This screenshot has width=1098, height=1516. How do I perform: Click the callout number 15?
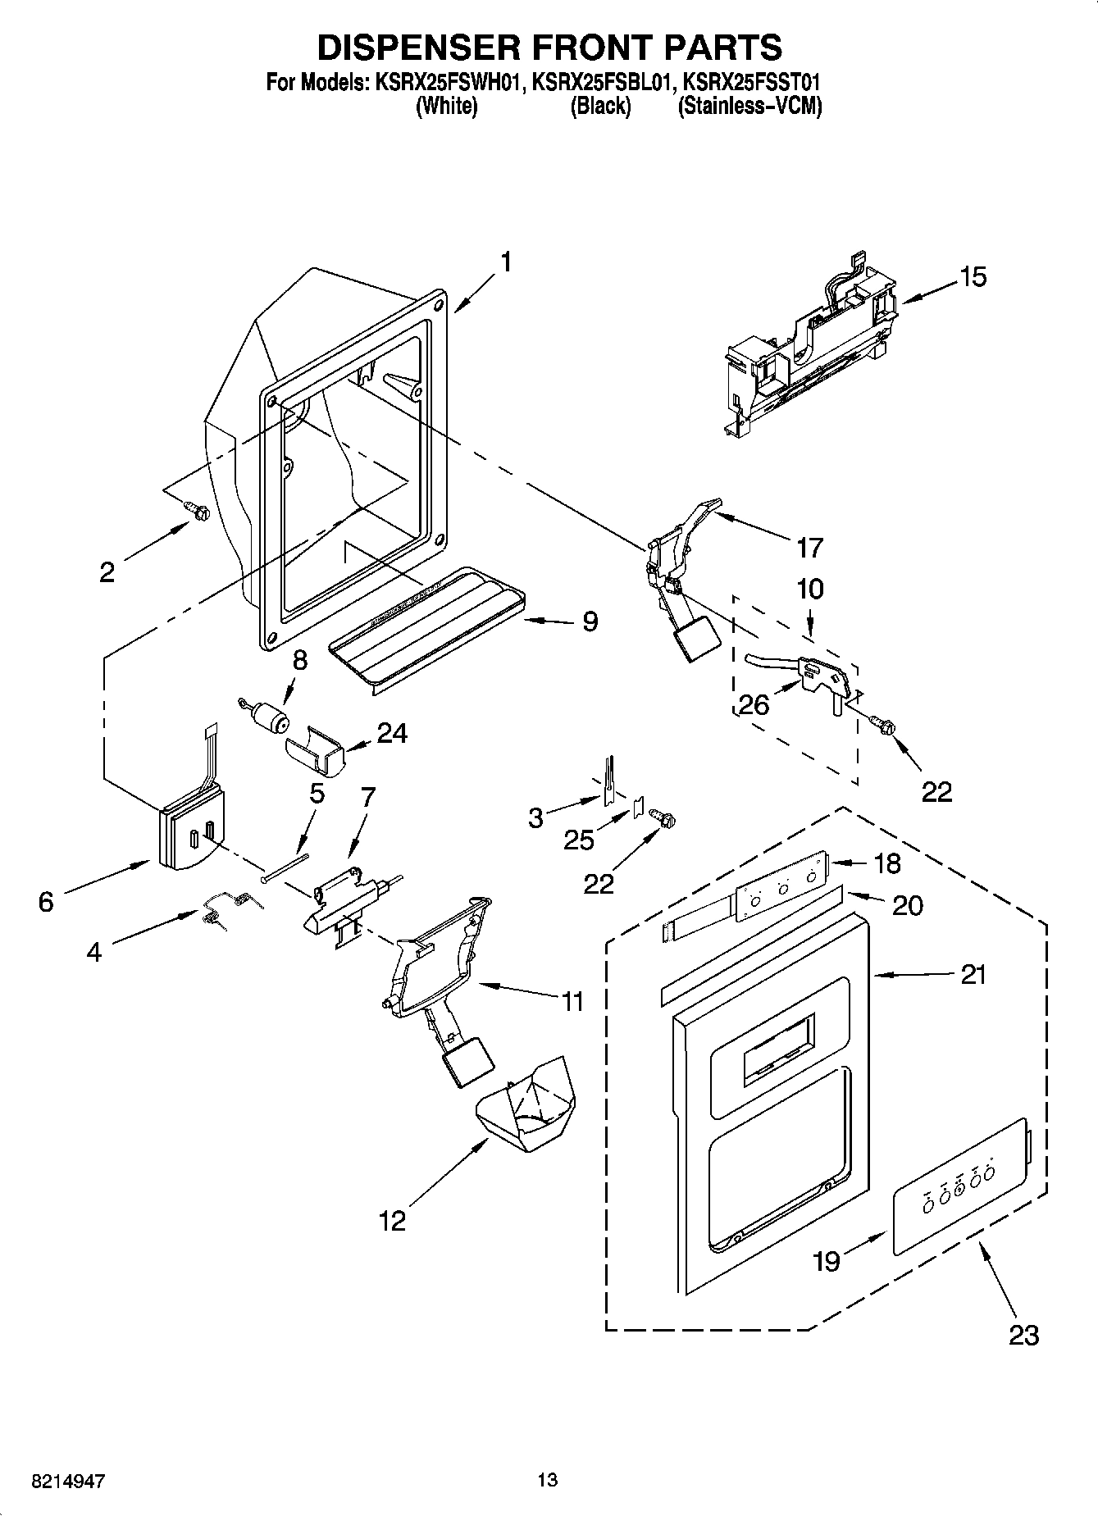tap(973, 277)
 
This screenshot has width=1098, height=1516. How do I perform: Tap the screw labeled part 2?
tap(198, 511)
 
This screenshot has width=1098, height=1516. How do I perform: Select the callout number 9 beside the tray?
tap(590, 621)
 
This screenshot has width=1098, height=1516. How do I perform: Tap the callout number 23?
tap(1024, 1335)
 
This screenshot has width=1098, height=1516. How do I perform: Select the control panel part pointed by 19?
tap(959, 1186)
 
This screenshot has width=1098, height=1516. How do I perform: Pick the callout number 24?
tap(392, 732)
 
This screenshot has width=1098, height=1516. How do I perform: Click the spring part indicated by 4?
tap(227, 907)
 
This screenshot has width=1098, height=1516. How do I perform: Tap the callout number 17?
tap(809, 547)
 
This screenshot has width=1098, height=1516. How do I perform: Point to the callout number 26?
tap(754, 704)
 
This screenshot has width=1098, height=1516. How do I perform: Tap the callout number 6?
tap(46, 902)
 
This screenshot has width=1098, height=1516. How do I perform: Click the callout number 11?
tap(572, 1001)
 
